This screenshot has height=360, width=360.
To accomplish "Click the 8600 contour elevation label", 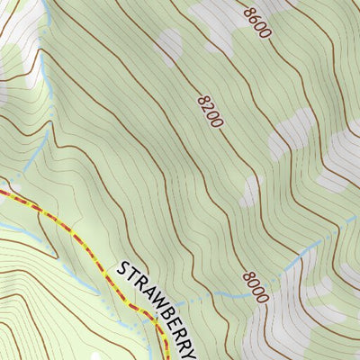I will (257, 22).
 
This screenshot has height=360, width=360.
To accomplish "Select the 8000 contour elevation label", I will (255, 286).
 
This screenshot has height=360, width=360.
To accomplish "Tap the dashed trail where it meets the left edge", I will (2, 191).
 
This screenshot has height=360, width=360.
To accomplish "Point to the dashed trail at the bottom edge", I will (167, 357).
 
